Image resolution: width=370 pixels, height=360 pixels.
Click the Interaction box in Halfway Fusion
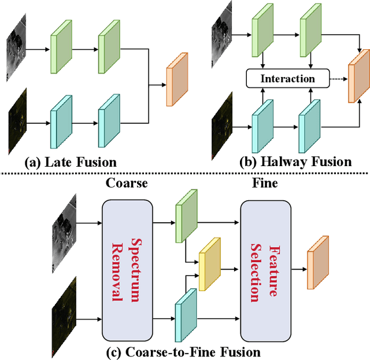287,78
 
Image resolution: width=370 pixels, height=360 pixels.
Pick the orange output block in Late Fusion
177,79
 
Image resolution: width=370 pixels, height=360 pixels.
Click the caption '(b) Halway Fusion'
295,162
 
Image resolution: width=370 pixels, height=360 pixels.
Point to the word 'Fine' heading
265,183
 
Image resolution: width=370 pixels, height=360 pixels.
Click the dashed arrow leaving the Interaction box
338,78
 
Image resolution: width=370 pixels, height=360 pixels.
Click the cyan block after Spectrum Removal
186,315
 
